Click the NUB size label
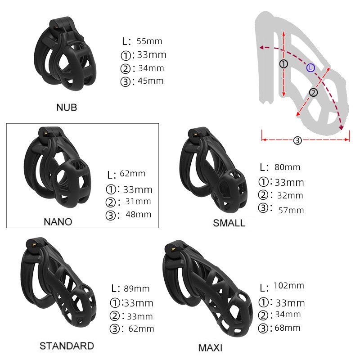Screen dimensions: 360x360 click(67, 107)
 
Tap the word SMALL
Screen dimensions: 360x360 click(229, 223)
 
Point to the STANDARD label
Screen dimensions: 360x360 click(67, 346)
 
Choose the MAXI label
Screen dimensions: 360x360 click(210, 348)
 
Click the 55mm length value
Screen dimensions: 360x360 click(149, 41)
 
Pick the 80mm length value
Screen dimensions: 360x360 click(287, 167)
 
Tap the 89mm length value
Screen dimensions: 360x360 click(136, 288)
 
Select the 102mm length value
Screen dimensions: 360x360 click(289, 286)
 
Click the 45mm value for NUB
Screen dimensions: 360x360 click(151, 81)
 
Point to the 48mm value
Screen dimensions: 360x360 click(139, 215)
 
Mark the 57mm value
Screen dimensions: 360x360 click(291, 210)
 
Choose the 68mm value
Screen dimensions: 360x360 click(287, 328)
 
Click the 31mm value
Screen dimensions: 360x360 click(138, 202)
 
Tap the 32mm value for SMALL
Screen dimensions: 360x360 click(290, 196)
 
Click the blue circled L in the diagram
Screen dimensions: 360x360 click(311, 67)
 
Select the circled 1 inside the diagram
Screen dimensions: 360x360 click(283, 64)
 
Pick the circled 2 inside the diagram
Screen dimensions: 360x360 click(314, 92)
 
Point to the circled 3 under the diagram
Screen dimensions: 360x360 click(297, 140)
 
